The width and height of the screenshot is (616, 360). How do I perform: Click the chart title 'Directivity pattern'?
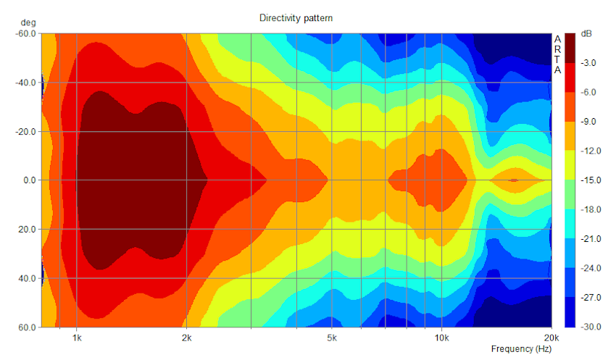coord(296,17)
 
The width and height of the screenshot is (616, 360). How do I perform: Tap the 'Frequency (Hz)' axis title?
coord(521,349)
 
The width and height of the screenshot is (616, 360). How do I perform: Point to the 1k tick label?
coord(77,338)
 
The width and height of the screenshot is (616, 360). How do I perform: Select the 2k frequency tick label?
coord(187,338)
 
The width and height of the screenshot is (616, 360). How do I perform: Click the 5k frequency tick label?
coord(332,338)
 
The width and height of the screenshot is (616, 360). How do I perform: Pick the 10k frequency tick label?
coord(441,338)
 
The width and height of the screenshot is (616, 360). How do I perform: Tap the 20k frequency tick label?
coord(551,338)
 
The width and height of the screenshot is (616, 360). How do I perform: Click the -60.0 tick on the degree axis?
coord(27,33)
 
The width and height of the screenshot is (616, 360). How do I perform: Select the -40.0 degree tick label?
coord(27,83)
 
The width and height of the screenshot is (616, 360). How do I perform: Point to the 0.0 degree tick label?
coord(29,180)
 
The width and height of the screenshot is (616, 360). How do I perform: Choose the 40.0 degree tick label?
coord(28,278)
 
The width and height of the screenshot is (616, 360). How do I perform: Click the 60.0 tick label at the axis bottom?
coord(28,327)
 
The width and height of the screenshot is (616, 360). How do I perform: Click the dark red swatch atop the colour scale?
coord(570,48)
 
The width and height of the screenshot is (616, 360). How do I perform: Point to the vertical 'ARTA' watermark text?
coord(557,54)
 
